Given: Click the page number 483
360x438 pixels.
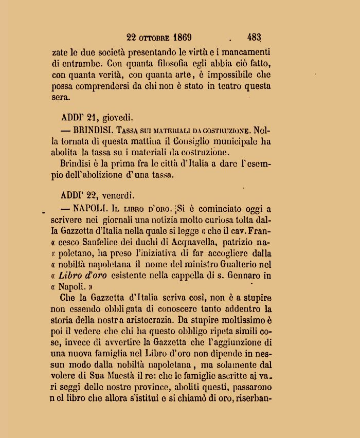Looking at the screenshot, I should point(254,38).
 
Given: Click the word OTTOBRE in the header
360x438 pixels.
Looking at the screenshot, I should point(154,38).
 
